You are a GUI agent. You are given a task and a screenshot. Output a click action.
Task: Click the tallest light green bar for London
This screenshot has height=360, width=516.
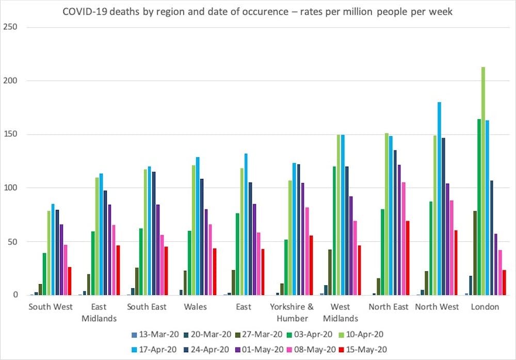pyautogui.click(x=483, y=181)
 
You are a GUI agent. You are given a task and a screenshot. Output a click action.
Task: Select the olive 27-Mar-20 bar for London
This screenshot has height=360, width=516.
pyautogui.click(x=475, y=253)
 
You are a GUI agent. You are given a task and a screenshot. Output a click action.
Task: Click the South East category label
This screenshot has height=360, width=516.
pyautogui.click(x=147, y=307)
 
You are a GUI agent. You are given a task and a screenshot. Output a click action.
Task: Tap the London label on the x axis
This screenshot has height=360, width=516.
pyautogui.click(x=485, y=307)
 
